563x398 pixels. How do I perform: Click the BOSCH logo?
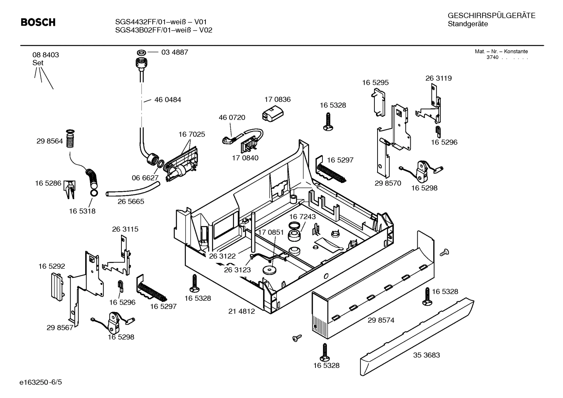pos(38,23)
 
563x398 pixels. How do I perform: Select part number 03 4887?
pos(175,52)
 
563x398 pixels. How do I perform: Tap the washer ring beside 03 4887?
pos(141,52)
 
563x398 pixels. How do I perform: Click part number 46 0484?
pos(167,100)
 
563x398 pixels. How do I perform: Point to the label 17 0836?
pos(277,100)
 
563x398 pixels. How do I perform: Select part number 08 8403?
pos(46,55)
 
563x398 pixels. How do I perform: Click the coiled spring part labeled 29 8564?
pos(70,139)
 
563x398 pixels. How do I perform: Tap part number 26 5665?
pos(131,202)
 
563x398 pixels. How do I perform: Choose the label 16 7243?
pos(302,217)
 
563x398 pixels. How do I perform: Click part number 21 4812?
pos(241,311)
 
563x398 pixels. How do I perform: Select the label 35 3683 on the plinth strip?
pos(426,355)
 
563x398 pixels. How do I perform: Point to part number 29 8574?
pos(381,320)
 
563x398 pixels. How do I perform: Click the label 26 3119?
pos(438,78)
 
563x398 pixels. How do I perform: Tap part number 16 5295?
pos(375,82)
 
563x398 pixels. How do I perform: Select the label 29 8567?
pos(60,328)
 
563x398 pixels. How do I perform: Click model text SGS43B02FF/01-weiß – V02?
pos(164,30)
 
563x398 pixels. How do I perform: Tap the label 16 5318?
pos(82,211)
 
